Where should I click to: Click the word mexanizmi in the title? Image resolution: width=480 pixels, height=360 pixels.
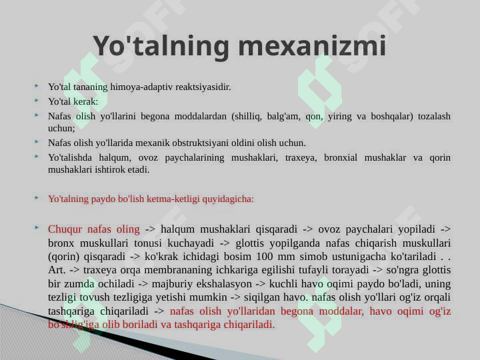(312, 45)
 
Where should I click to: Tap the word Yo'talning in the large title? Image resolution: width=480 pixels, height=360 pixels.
(161, 46)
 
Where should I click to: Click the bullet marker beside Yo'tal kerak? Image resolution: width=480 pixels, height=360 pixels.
(37, 100)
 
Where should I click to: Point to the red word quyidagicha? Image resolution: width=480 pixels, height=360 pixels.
(228, 199)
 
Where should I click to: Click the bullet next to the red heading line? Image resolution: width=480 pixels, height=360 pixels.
(37, 198)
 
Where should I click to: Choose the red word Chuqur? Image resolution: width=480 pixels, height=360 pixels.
(65, 229)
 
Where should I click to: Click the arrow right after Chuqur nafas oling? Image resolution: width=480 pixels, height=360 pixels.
(150, 229)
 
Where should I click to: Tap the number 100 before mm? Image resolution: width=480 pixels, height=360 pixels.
(265, 256)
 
